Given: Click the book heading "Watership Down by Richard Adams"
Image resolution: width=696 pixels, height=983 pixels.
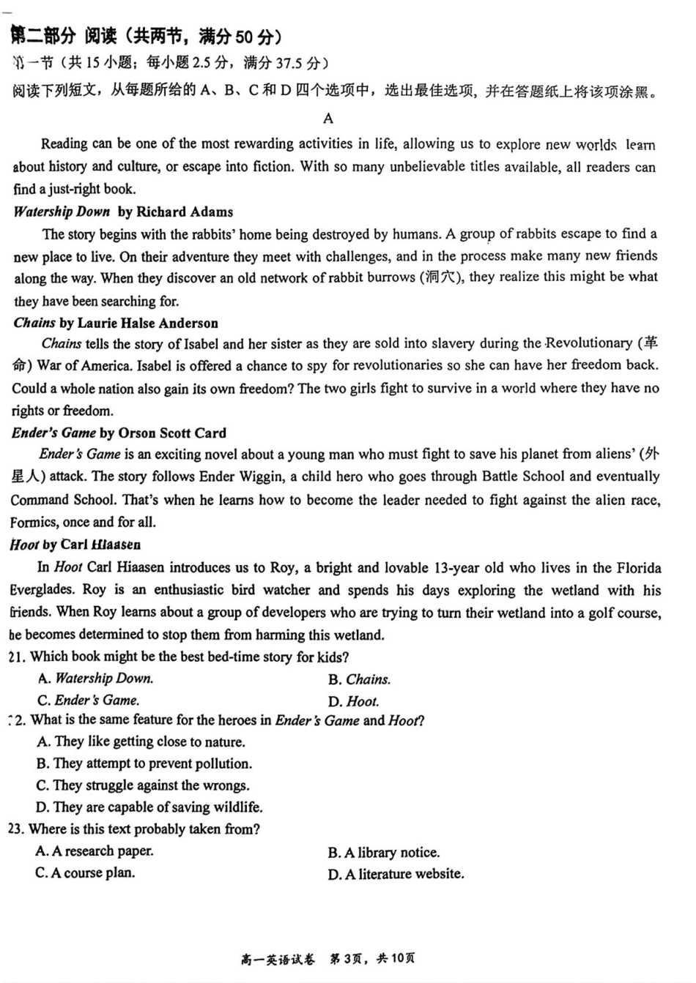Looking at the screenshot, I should point(123,212).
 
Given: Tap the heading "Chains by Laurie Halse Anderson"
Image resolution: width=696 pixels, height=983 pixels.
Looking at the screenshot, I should point(116,323).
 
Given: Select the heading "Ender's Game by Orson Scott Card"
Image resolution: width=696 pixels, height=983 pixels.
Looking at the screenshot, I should point(119,433).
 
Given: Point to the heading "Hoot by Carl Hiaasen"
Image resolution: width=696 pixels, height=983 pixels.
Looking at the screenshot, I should point(75,545).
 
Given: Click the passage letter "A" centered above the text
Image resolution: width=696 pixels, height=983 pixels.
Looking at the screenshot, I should point(327,119).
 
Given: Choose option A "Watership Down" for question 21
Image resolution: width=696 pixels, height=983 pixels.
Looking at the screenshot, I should point(95,679).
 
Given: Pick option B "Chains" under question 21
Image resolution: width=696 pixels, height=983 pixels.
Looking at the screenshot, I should point(359,679).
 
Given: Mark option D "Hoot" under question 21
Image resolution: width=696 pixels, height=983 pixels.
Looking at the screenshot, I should point(353,701).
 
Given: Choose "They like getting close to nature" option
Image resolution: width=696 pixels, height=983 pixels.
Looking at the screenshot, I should point(141,741).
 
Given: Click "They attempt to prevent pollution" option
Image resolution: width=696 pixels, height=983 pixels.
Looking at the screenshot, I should point(144,763).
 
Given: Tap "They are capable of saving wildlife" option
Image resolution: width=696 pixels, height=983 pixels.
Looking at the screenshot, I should point(149,807).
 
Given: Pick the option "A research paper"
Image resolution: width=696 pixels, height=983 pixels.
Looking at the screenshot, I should point(95,851).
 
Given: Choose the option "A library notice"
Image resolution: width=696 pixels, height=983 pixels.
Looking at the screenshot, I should point(384,853).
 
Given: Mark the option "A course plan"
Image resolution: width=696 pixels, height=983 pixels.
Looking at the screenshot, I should point(86,872).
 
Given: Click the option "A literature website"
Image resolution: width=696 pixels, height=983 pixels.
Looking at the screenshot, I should point(396,874).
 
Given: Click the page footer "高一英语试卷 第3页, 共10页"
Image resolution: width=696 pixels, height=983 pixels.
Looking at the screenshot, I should point(328,959).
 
